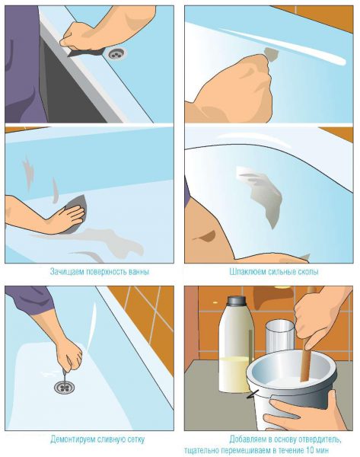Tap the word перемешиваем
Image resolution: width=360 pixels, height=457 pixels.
coord(250,450)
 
